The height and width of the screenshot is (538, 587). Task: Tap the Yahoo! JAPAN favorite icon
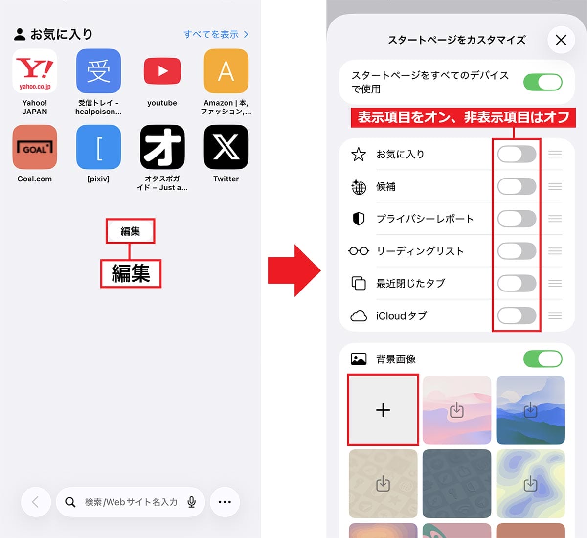coord(35,71)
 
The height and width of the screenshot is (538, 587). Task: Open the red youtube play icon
coord(162,71)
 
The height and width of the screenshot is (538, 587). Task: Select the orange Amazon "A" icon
coord(226,71)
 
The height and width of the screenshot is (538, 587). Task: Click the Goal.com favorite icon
coord(35,147)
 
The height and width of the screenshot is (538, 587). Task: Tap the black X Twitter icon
coord(226,147)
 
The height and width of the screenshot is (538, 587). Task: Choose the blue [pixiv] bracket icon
coord(98,147)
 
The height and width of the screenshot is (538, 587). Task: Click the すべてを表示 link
coord(216,34)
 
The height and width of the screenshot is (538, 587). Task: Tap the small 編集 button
coord(130,231)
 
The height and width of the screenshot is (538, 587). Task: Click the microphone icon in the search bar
coord(192,502)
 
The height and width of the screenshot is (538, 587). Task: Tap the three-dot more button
coord(225,502)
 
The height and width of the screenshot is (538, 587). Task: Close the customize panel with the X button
coord(561,40)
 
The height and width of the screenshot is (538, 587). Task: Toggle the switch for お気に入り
coord(517,154)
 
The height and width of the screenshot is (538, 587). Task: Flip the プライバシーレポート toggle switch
coord(517,219)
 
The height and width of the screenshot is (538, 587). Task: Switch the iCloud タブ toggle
coord(517,315)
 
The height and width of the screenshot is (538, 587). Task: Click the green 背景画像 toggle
coord(542,359)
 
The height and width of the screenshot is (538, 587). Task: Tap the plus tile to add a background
coord(383,410)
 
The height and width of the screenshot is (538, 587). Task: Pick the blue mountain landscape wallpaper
coord(530,410)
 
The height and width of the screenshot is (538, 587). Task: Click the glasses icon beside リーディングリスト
coord(359,251)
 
